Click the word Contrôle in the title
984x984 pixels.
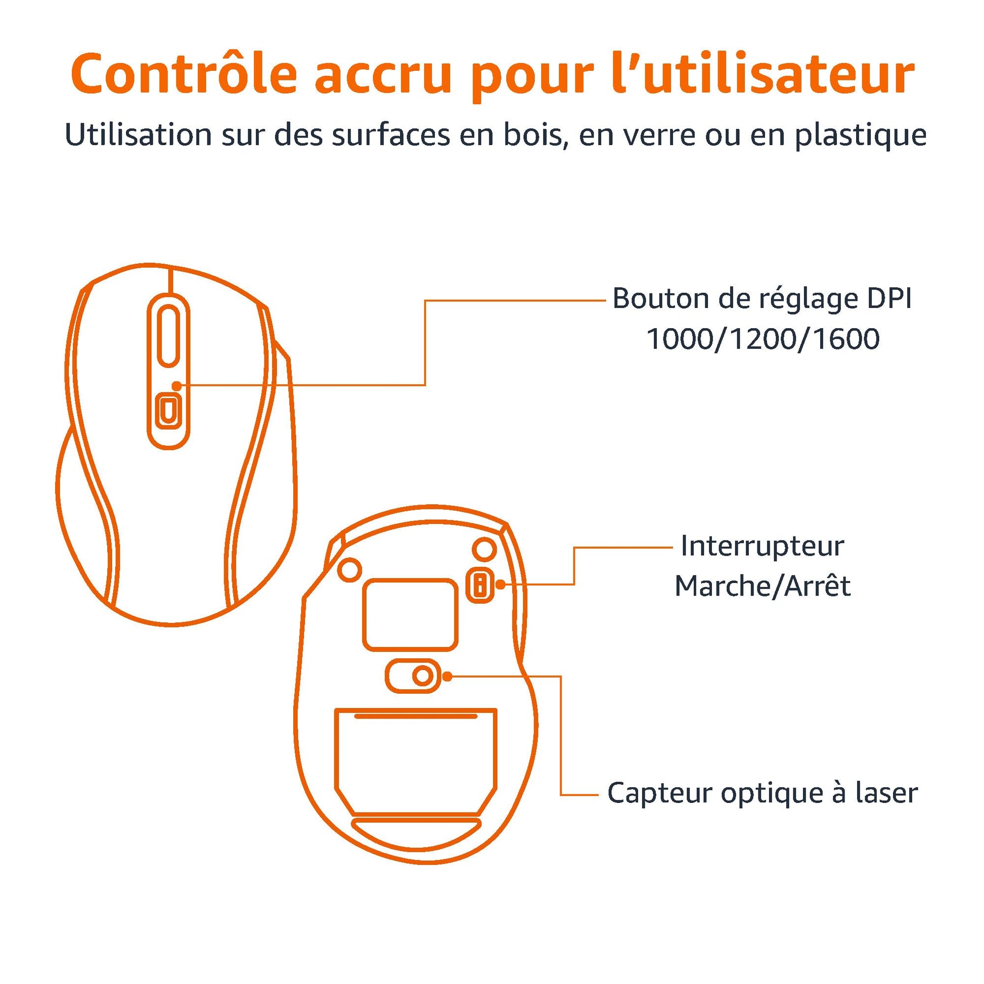184,75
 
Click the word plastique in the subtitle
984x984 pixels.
860,137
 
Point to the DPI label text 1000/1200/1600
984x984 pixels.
763,339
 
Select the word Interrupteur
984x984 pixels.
763,546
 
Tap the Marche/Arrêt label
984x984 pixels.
763,586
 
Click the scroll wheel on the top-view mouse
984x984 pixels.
168,335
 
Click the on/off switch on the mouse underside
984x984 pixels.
480,585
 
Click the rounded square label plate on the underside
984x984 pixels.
410,614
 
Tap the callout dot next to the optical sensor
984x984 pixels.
448,677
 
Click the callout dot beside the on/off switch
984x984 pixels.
501,585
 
